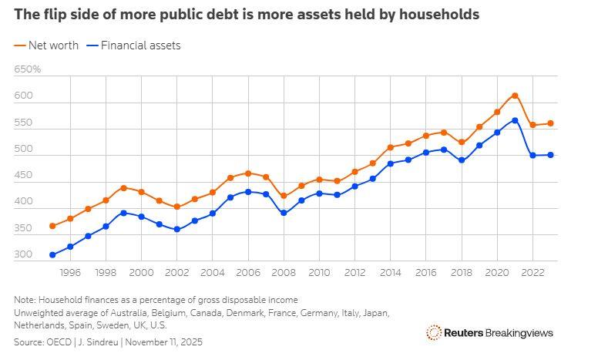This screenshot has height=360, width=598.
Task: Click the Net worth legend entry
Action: point(53,45)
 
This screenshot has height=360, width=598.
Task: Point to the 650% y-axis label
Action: point(27,69)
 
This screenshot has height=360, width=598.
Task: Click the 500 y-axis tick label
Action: point(23,150)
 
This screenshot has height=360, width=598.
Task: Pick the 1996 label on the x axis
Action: point(70,272)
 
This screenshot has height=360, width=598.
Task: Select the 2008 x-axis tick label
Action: point(284,272)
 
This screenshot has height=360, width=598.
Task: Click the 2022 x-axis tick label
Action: point(532,272)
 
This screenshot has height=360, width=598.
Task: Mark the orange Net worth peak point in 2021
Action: point(515,96)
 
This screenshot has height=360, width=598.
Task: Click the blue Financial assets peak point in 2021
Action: point(515,120)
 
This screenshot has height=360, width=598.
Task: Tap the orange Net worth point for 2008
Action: point(284,196)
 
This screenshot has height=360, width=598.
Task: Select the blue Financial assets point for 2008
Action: point(284,213)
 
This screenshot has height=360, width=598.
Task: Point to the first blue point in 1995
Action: point(52,254)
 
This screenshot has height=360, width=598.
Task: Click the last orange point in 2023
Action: point(550,123)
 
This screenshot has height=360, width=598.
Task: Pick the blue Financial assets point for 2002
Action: point(176,229)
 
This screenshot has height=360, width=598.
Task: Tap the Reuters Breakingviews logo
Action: point(489,332)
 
